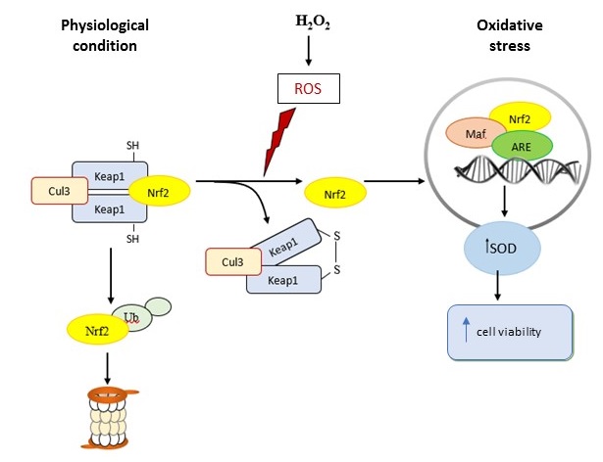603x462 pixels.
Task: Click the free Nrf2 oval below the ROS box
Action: pyautogui.click(x=335, y=192)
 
